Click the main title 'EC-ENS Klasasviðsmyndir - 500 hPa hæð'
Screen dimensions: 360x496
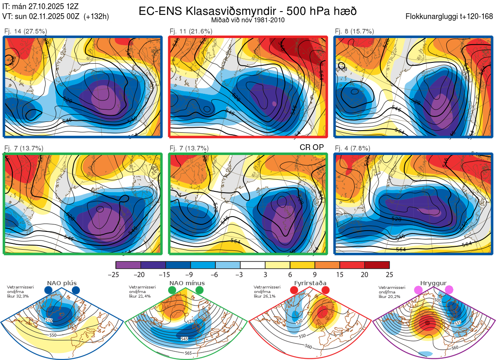click(248, 11)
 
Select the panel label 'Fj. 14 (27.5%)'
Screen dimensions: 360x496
click(26, 31)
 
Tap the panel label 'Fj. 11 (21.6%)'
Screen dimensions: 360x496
click(191, 31)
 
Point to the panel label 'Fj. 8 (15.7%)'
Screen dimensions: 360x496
click(354, 31)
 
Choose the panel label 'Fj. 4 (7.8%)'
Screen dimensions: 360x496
click(353, 148)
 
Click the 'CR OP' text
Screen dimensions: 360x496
click(311, 147)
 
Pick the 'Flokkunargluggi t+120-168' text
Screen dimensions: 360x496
click(449, 17)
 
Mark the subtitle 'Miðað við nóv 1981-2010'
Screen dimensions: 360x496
click(248, 19)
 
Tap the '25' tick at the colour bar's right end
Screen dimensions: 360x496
click(389, 274)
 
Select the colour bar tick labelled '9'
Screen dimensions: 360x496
click(315, 274)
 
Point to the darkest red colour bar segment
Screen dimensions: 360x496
click(377, 265)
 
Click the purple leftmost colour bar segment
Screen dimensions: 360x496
click(128, 265)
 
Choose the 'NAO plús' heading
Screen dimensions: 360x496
click(62, 283)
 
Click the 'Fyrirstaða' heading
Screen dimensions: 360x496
click(310, 283)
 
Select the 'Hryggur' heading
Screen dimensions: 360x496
click(434, 283)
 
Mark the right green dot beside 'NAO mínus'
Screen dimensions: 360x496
click(200, 291)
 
